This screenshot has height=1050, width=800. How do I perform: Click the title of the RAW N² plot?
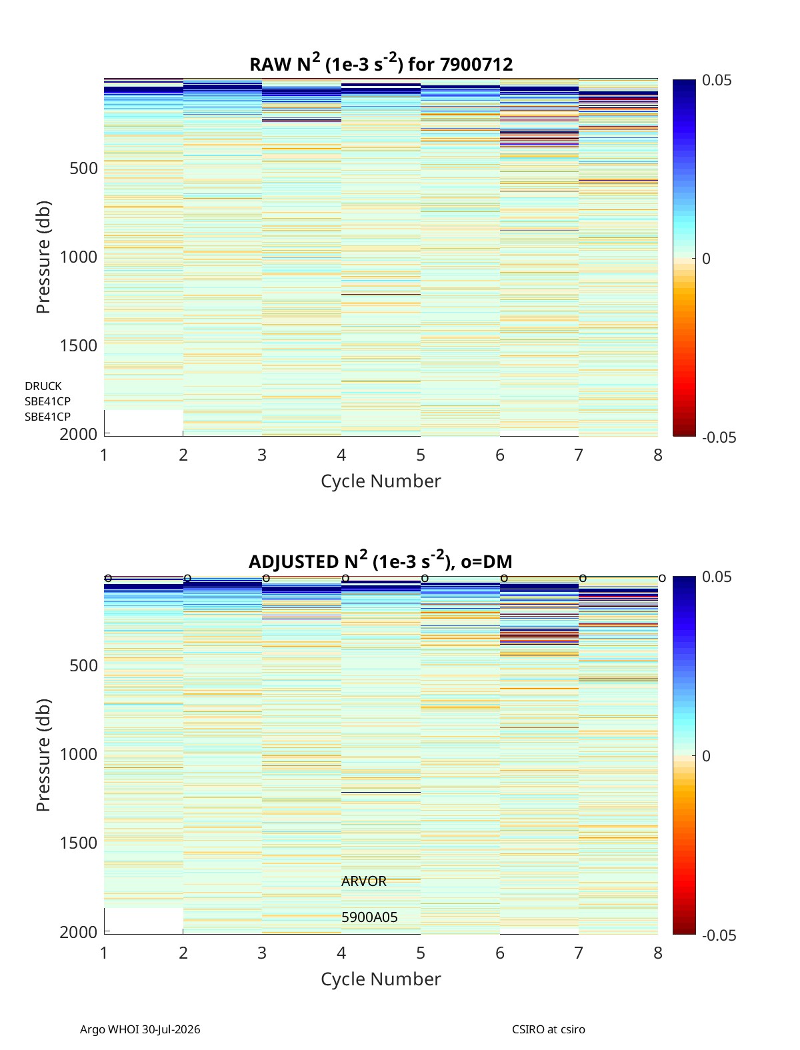click(381, 63)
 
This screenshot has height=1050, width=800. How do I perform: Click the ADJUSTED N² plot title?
click(380, 561)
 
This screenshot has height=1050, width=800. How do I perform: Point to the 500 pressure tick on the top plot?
click(84, 169)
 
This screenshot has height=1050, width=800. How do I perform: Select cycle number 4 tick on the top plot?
click(341, 455)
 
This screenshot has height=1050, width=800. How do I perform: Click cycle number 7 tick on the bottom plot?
click(579, 953)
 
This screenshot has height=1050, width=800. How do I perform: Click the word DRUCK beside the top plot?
click(43, 386)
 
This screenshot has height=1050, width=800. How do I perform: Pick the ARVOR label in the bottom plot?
click(363, 881)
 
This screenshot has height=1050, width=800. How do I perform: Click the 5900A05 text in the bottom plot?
click(369, 917)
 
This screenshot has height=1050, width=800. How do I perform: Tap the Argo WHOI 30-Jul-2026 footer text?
click(140, 1029)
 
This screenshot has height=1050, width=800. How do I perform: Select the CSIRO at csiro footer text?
click(549, 1029)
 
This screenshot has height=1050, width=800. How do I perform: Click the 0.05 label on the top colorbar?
click(716, 81)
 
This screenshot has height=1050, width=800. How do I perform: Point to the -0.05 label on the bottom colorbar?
click(719, 935)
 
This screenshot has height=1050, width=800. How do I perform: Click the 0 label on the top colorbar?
click(706, 259)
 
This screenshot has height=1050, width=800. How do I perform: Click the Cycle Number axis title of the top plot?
click(381, 481)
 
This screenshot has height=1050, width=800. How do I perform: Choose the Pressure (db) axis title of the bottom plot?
click(43, 755)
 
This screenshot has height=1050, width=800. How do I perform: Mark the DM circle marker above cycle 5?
click(425, 579)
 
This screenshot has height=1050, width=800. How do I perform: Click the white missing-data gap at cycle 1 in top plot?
click(143, 423)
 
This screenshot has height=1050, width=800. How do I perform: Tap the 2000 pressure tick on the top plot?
click(79, 434)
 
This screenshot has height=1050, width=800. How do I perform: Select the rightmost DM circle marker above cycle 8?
click(662, 579)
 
